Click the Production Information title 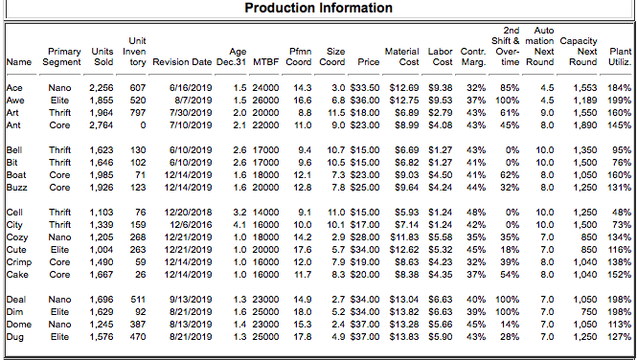(x=318, y=9)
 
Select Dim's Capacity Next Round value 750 (x=583, y=312)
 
